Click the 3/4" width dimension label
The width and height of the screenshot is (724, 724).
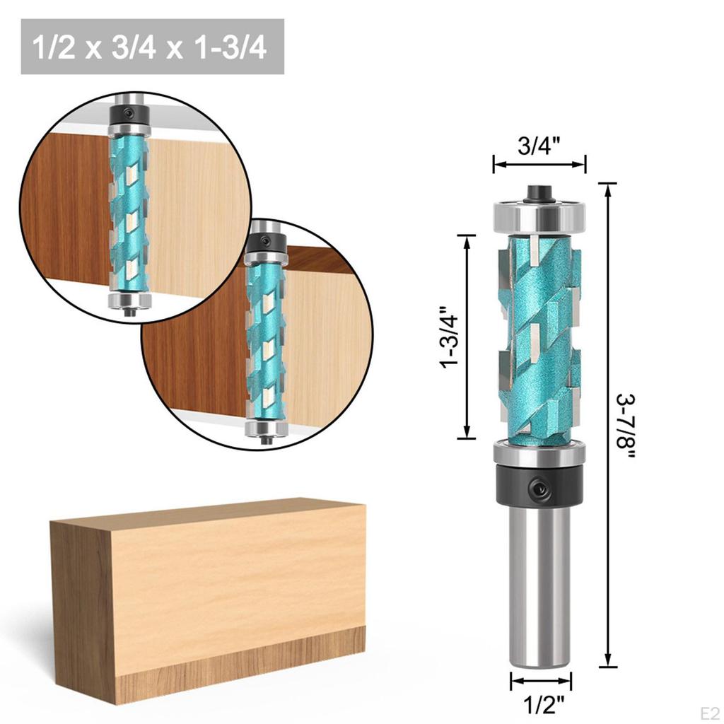coord(539,146)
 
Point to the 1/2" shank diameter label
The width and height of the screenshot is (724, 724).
coord(541,704)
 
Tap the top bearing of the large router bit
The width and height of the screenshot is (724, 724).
coord(539,211)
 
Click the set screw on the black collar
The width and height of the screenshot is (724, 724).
coord(542,486)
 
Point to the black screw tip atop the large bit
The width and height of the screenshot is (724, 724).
coord(539,191)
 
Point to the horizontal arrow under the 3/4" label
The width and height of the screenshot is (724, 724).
coord(539,165)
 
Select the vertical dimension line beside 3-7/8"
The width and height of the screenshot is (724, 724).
coord(606,425)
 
